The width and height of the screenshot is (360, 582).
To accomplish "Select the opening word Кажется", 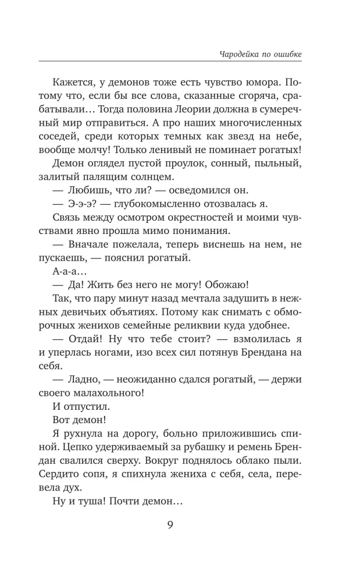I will tap(87, 81).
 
